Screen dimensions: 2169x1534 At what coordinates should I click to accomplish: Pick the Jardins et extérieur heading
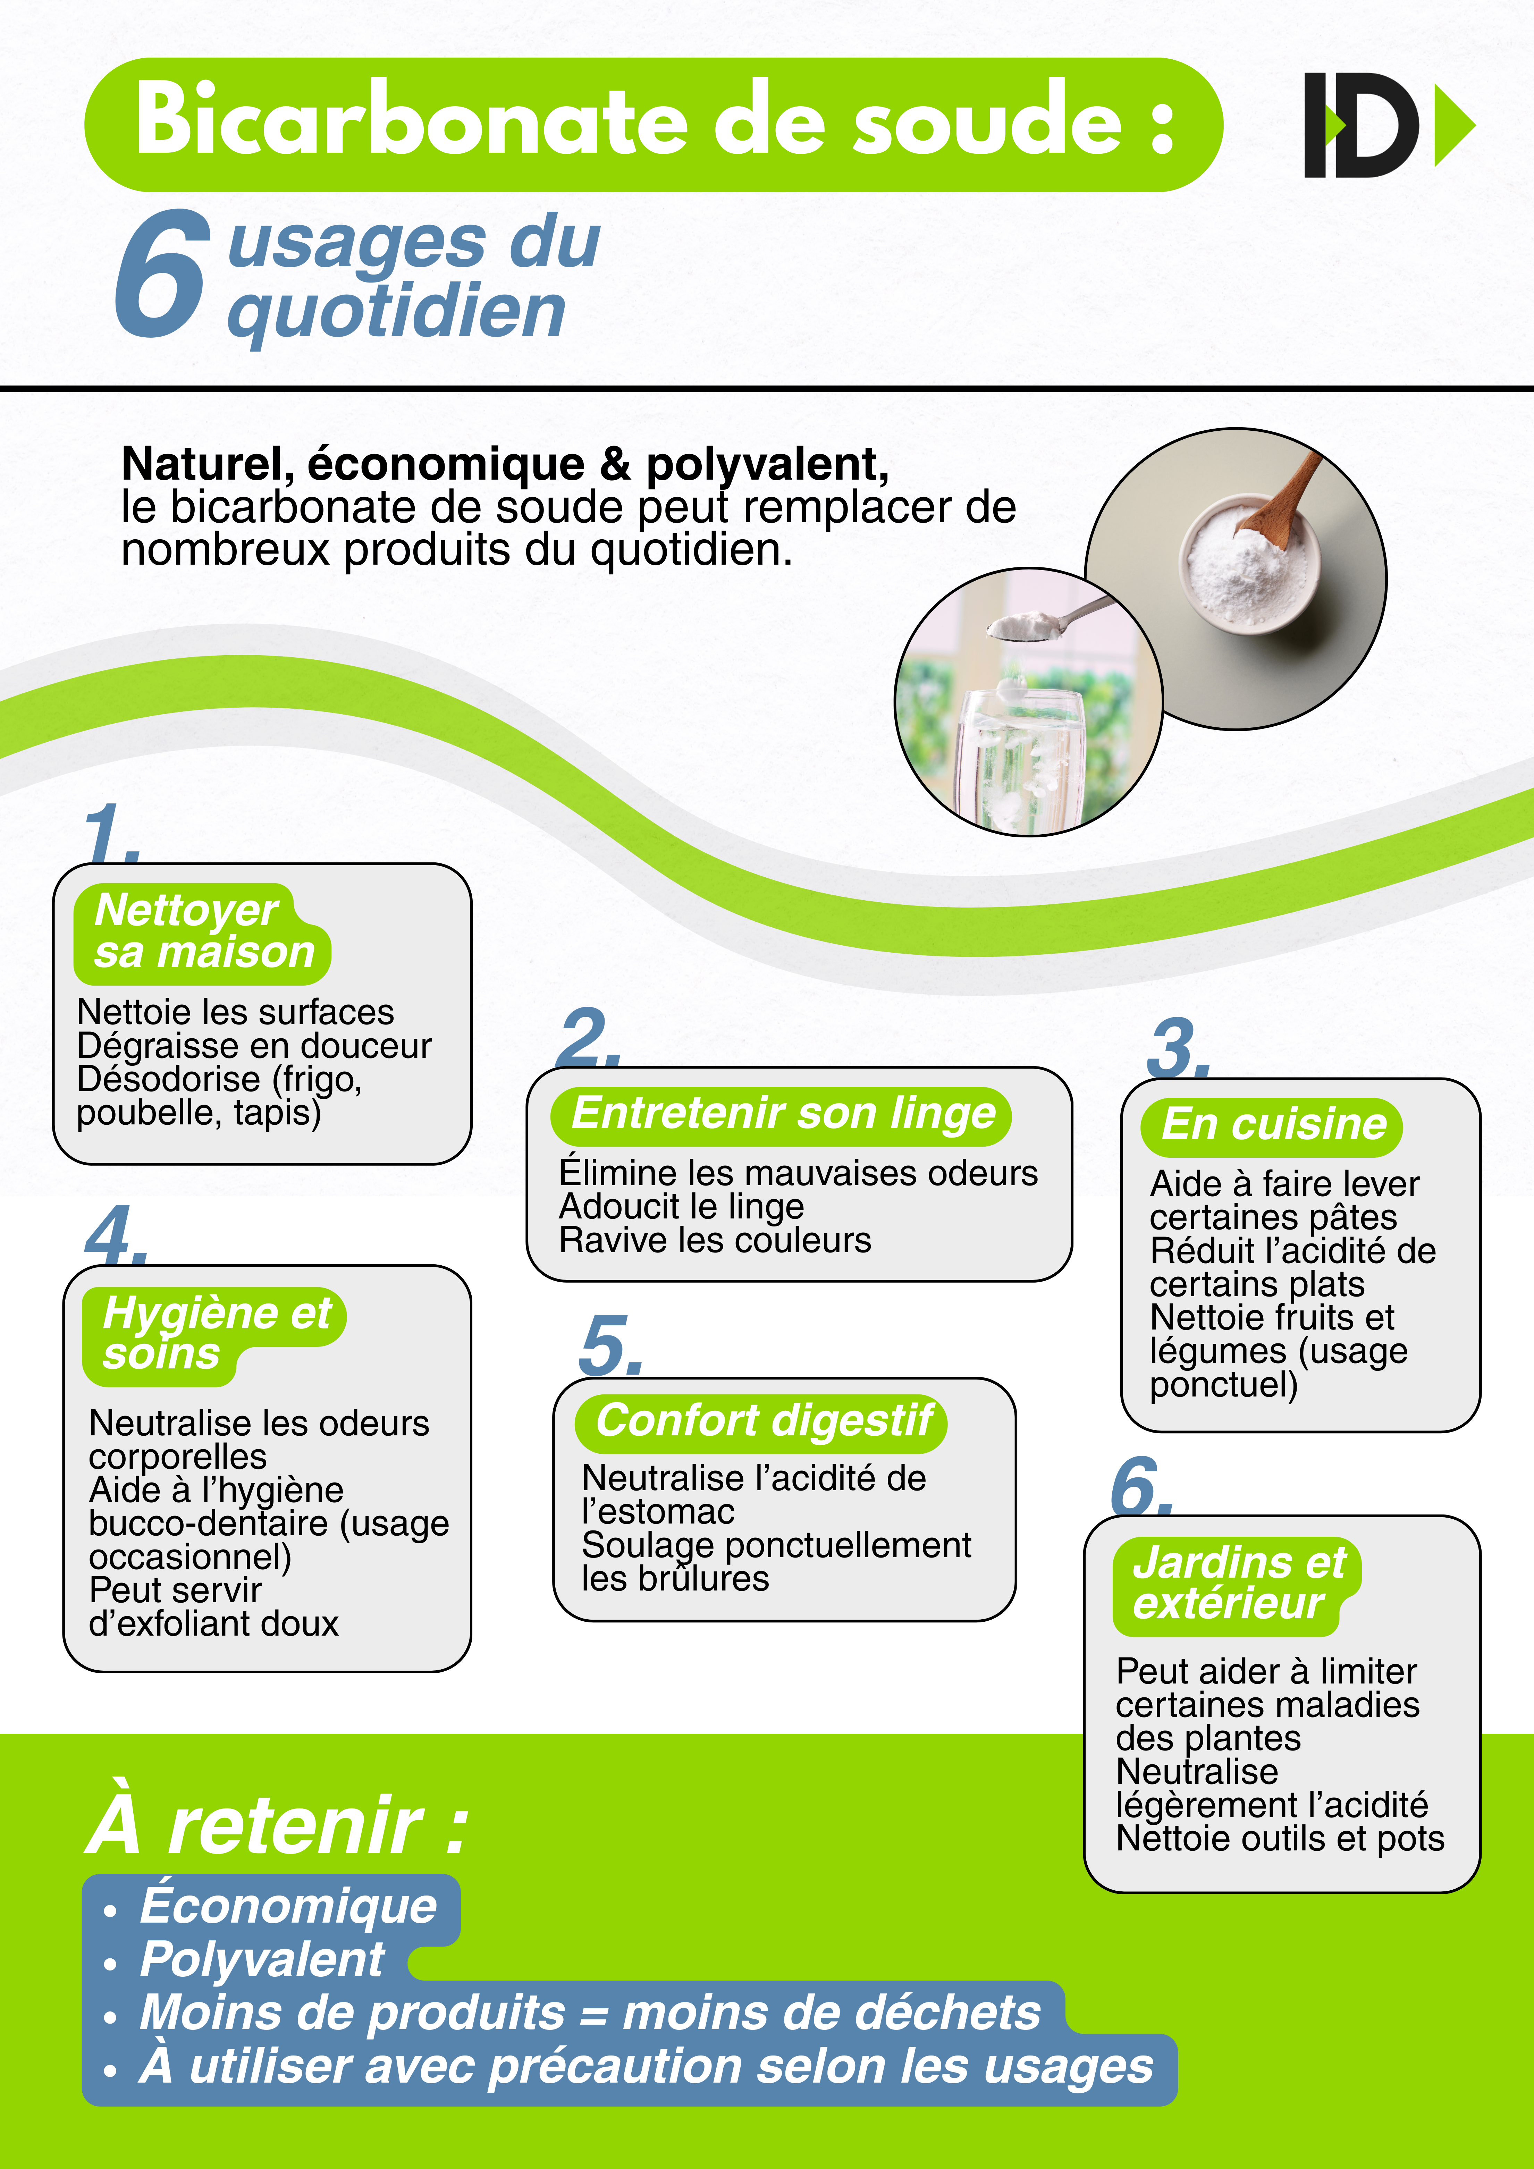[1237, 1583]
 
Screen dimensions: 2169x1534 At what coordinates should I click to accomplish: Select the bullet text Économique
[288, 1906]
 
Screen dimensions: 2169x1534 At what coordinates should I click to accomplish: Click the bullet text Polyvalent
[262, 1959]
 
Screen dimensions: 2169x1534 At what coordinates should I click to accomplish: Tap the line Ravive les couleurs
[715, 1240]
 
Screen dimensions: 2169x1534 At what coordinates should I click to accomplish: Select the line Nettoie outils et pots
[1280, 1838]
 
